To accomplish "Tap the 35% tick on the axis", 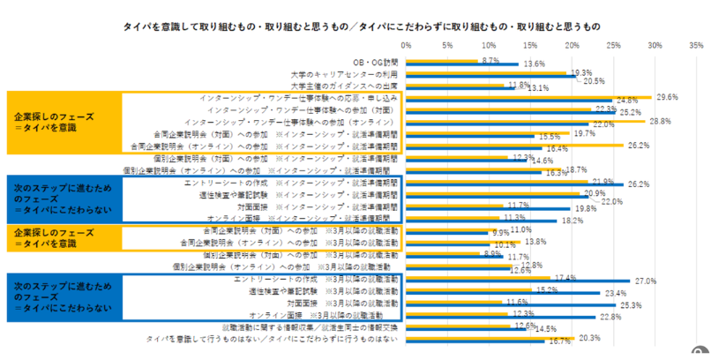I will (x=696, y=43).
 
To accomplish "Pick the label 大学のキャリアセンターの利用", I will (x=345, y=74).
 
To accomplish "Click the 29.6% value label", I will (x=668, y=97).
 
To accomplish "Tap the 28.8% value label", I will (x=661, y=120).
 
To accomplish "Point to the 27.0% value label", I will (x=646, y=281).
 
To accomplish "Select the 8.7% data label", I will (x=491, y=60).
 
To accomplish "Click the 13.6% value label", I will (x=534, y=64).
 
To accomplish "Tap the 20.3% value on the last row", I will (x=590, y=337).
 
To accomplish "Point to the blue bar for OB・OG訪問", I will (x=460, y=64).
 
